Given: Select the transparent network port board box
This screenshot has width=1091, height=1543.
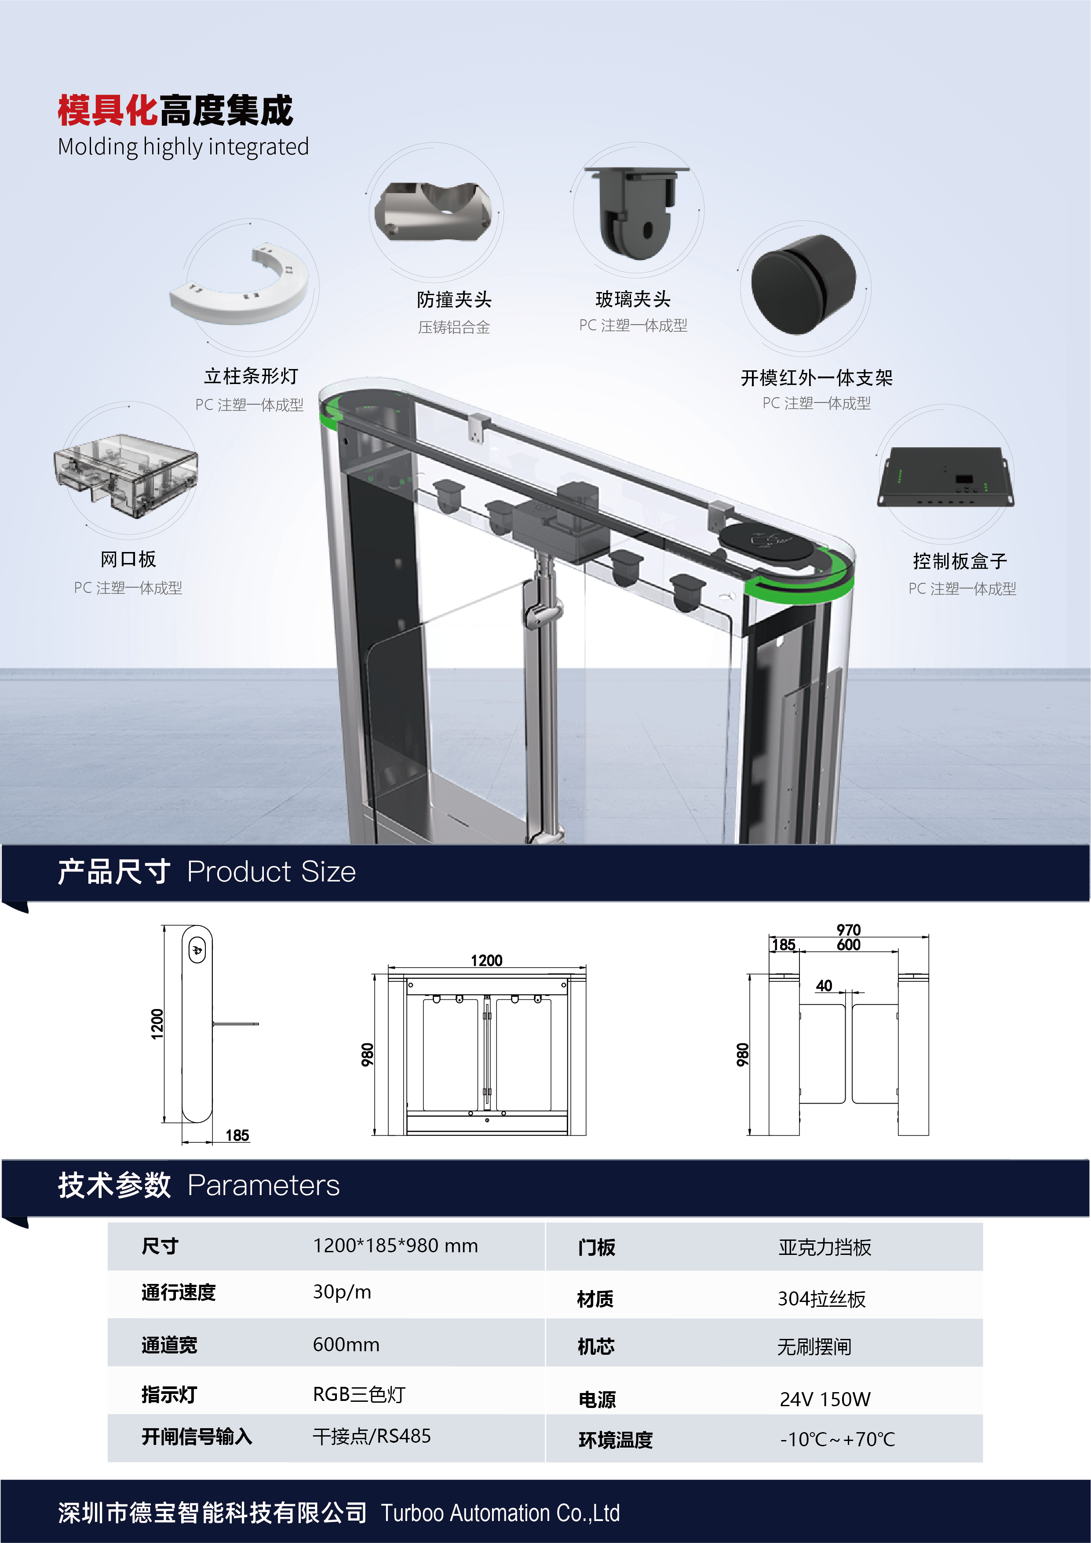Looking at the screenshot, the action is [126, 475].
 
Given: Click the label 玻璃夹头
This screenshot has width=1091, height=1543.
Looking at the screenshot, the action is [633, 299].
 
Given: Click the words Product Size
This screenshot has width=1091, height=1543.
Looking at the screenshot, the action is [271, 872].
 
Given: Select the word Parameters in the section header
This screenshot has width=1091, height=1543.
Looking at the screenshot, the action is [263, 1185].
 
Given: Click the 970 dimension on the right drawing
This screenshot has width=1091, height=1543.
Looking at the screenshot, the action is [848, 929].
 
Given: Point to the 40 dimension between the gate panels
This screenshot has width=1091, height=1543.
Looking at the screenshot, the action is [824, 985].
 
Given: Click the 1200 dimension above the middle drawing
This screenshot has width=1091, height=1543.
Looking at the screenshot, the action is [486, 960].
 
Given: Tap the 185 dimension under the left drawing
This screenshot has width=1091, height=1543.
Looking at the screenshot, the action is [237, 1135].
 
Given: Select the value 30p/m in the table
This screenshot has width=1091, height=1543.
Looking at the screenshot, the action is [342, 1292].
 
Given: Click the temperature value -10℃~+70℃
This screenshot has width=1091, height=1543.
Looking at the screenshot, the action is [837, 1440].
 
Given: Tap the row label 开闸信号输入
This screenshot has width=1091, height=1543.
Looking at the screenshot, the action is [197, 1437].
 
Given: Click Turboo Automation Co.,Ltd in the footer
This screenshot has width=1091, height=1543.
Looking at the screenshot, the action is [500, 1513].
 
